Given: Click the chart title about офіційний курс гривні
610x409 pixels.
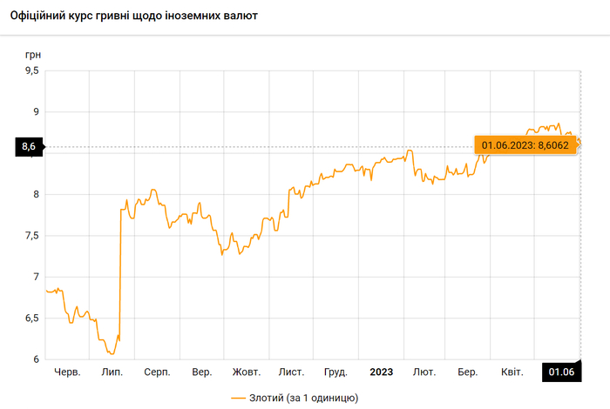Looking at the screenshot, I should pyautogui.click(x=133, y=17).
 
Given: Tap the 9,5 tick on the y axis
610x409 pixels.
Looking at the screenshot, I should pyautogui.click(x=31, y=70).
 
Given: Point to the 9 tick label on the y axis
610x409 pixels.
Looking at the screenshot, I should pyautogui.click(x=36, y=111).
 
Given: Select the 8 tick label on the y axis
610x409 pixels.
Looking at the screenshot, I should pyautogui.click(x=36, y=194).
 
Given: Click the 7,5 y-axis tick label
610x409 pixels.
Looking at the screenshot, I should pyautogui.click(x=31, y=236).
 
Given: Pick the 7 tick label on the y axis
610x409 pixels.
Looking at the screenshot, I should pyautogui.click(x=36, y=277).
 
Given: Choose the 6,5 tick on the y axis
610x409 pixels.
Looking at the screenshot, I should pyautogui.click(x=31, y=318).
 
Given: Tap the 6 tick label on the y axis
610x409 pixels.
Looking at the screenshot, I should pyautogui.click(x=36, y=359).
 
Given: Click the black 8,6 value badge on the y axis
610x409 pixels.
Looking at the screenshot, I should pyautogui.click(x=28, y=147).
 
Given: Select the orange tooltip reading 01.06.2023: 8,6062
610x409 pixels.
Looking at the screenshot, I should pyautogui.click(x=525, y=145).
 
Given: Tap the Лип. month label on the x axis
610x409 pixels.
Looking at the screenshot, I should pyautogui.click(x=112, y=372).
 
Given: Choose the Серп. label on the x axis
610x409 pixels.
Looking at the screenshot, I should pyautogui.click(x=157, y=372).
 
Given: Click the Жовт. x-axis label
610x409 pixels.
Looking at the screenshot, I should pyautogui.click(x=246, y=372).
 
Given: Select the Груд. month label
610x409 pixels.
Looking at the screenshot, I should pyautogui.click(x=335, y=372).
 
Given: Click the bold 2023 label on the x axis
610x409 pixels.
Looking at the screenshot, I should pyautogui.click(x=381, y=372).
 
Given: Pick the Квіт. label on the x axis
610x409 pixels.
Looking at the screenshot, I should pyautogui.click(x=512, y=372).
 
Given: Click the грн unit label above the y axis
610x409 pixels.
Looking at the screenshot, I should pyautogui.click(x=33, y=54).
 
